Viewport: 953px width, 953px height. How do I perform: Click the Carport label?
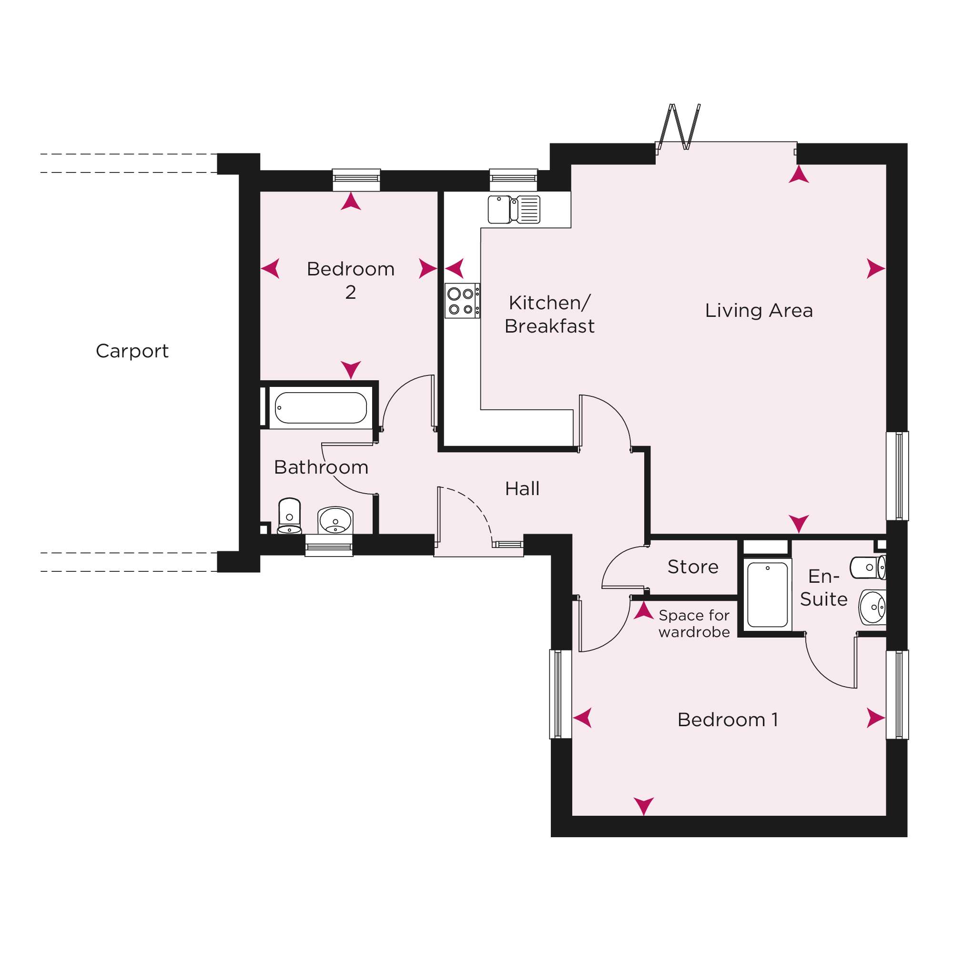tap(132, 351)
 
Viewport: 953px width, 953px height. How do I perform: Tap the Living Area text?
tap(759, 310)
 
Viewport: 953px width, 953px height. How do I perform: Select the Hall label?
tap(522, 488)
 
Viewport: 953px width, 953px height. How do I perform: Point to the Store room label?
tap(693, 567)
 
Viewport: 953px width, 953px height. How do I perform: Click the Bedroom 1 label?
tap(728, 720)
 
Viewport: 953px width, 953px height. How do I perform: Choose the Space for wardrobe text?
tap(694, 623)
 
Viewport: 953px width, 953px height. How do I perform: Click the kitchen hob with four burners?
tap(462, 300)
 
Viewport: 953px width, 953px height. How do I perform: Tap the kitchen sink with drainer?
tap(514, 210)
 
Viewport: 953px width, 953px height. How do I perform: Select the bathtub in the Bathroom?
tap(321, 407)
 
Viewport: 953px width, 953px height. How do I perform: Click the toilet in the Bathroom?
tap(290, 516)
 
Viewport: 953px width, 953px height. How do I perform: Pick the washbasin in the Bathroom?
tap(335, 520)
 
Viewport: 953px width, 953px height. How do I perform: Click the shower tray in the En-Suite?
tap(768, 594)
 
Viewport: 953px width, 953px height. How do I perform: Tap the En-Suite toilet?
tap(868, 568)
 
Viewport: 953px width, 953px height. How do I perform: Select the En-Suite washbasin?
tap(873, 607)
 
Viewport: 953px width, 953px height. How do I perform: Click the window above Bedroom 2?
tap(356, 180)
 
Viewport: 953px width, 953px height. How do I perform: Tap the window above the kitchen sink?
tap(514, 180)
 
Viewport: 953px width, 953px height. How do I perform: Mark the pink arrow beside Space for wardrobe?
tap(643, 610)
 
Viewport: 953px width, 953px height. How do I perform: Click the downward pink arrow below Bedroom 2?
tap(351, 369)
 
